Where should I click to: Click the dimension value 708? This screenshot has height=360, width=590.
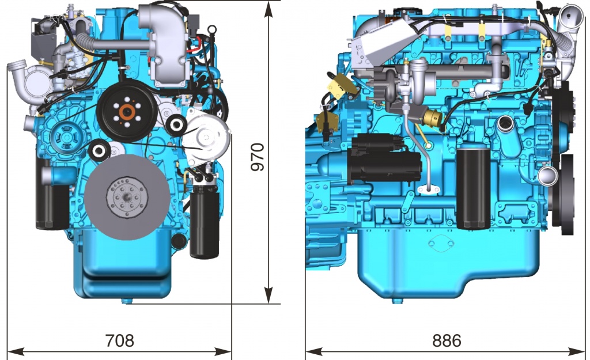[x=119, y=340]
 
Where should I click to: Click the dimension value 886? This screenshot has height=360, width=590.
[x=447, y=340]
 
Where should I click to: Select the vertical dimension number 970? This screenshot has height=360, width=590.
[x=258, y=157]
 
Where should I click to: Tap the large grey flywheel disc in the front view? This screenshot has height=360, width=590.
[x=127, y=197]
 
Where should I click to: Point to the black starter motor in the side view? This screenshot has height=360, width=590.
[x=385, y=158]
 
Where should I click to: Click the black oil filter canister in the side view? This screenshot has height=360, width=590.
[x=474, y=188]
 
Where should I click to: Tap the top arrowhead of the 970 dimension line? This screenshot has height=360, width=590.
[x=268, y=10]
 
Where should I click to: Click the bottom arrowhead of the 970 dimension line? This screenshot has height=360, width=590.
[x=268, y=295]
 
